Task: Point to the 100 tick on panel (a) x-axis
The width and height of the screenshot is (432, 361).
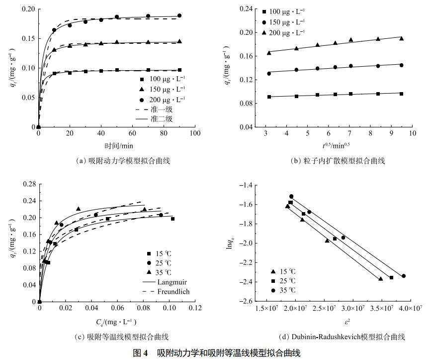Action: (195, 133)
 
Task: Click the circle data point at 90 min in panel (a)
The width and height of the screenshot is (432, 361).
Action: (179, 15)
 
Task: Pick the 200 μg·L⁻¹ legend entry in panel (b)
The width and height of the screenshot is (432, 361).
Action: (283, 32)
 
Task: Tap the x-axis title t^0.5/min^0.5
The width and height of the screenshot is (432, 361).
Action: (337, 146)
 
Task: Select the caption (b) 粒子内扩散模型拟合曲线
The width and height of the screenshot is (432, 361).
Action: (337, 161)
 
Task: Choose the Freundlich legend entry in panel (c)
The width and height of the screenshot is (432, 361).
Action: (172, 291)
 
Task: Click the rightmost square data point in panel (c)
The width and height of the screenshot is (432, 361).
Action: (173, 219)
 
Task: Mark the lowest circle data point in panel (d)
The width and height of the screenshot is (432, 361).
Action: (403, 276)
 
